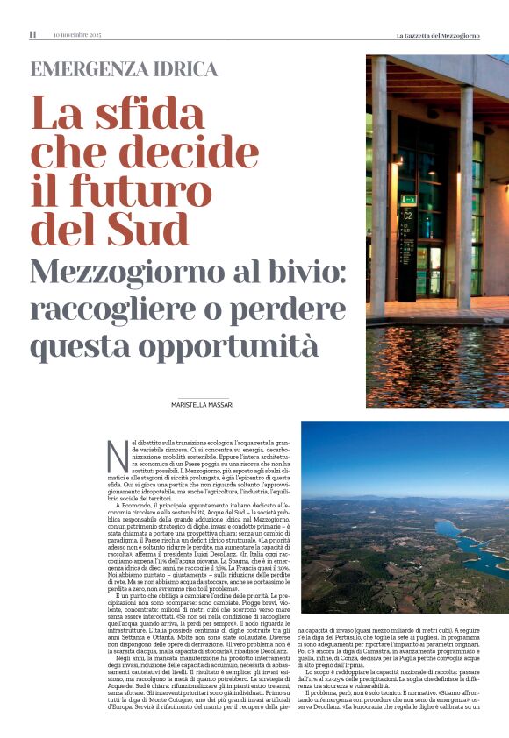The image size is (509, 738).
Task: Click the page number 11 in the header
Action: [x=32, y=35]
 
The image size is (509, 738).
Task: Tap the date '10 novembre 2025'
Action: [x=77, y=35]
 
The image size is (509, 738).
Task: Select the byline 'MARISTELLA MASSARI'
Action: [x=208, y=403]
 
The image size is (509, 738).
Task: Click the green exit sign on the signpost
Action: [x=408, y=200]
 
